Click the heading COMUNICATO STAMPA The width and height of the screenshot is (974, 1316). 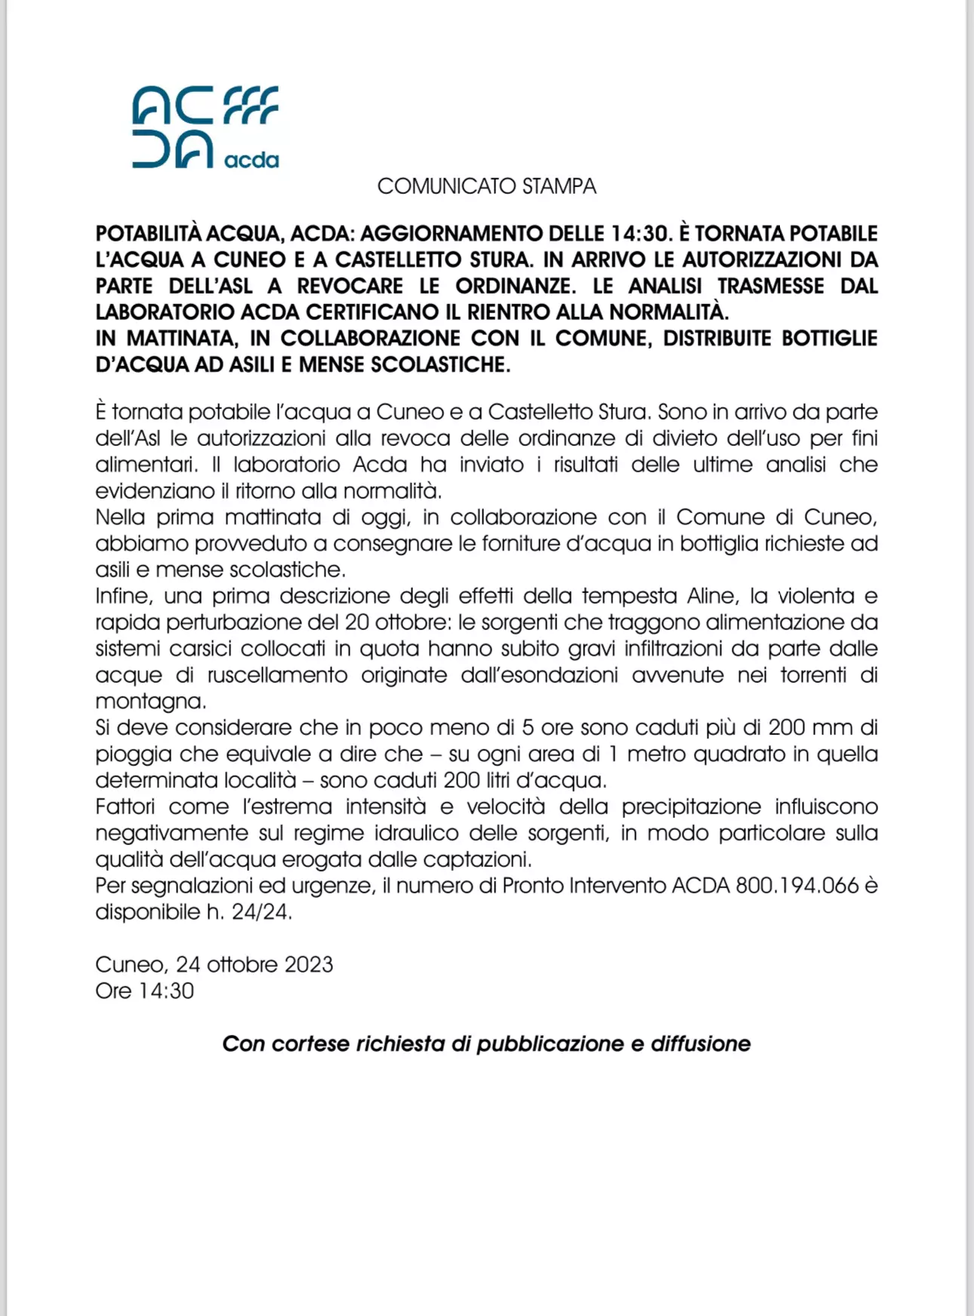486,186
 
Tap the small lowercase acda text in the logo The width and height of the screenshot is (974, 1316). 251,160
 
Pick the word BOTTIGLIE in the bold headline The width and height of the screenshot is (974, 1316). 829,339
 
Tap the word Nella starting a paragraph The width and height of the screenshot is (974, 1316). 120,518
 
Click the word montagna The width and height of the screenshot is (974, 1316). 150,702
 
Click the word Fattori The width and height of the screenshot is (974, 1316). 125,807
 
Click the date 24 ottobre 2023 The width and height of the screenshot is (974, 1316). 254,964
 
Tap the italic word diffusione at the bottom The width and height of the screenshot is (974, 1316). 701,1044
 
